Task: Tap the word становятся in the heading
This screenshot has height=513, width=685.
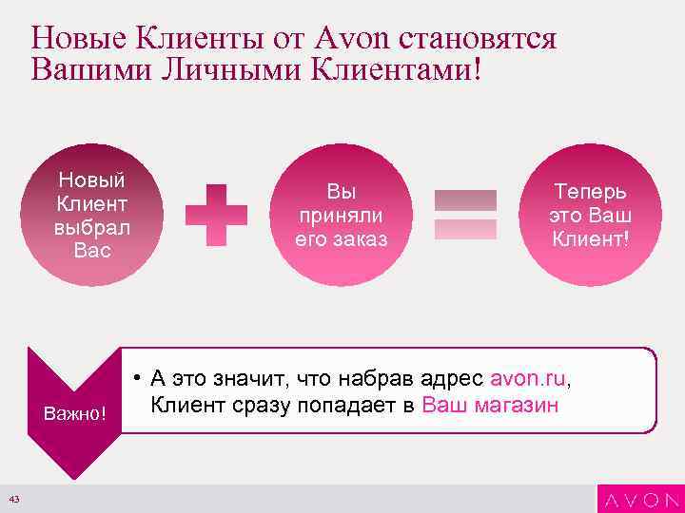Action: (479, 39)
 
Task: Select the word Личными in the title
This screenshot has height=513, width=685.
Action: (213, 70)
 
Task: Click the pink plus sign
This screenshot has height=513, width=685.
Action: (215, 214)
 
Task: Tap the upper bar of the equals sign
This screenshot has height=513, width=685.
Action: (465, 199)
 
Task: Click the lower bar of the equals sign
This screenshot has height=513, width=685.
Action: (465, 229)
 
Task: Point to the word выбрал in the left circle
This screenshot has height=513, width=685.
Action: (92, 228)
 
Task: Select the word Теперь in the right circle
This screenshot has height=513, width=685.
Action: (591, 192)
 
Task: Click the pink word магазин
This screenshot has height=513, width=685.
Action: (516, 407)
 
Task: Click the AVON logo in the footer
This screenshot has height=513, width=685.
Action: (639, 499)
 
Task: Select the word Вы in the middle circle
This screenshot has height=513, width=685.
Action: (341, 192)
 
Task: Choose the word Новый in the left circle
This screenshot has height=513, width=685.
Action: (92, 180)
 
